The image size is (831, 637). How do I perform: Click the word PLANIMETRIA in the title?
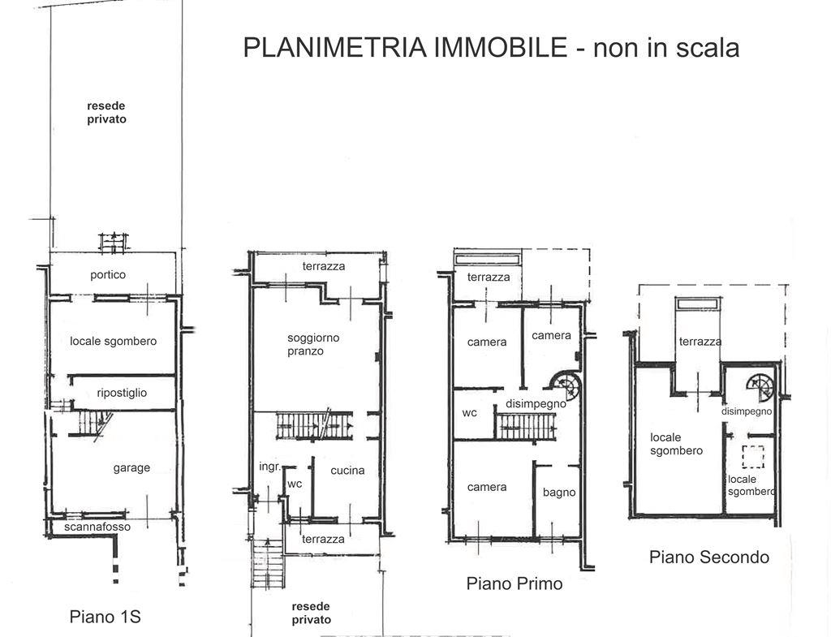(x=335, y=47)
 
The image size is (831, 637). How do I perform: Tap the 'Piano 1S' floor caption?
(x=105, y=617)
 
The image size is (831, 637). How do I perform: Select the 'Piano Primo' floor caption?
(x=514, y=583)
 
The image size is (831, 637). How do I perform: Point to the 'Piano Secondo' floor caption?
(x=709, y=557)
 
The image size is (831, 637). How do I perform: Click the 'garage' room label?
(x=131, y=468)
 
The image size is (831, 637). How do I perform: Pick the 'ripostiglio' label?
(x=122, y=393)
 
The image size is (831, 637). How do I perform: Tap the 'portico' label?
(x=108, y=274)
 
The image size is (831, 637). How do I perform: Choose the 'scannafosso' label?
(x=97, y=527)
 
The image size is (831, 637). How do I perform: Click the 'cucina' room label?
(x=347, y=470)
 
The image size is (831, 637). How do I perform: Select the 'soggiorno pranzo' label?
(x=312, y=345)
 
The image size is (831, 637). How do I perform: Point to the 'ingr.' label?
(x=269, y=467)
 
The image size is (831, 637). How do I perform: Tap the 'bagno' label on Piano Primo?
(x=559, y=493)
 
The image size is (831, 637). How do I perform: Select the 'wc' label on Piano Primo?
(x=470, y=413)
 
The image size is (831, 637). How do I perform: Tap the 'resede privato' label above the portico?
(x=106, y=112)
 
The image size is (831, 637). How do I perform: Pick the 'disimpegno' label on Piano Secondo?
(x=747, y=411)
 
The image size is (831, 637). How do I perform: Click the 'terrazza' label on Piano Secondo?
(x=700, y=342)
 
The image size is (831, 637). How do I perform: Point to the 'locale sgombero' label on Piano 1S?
(x=114, y=342)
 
